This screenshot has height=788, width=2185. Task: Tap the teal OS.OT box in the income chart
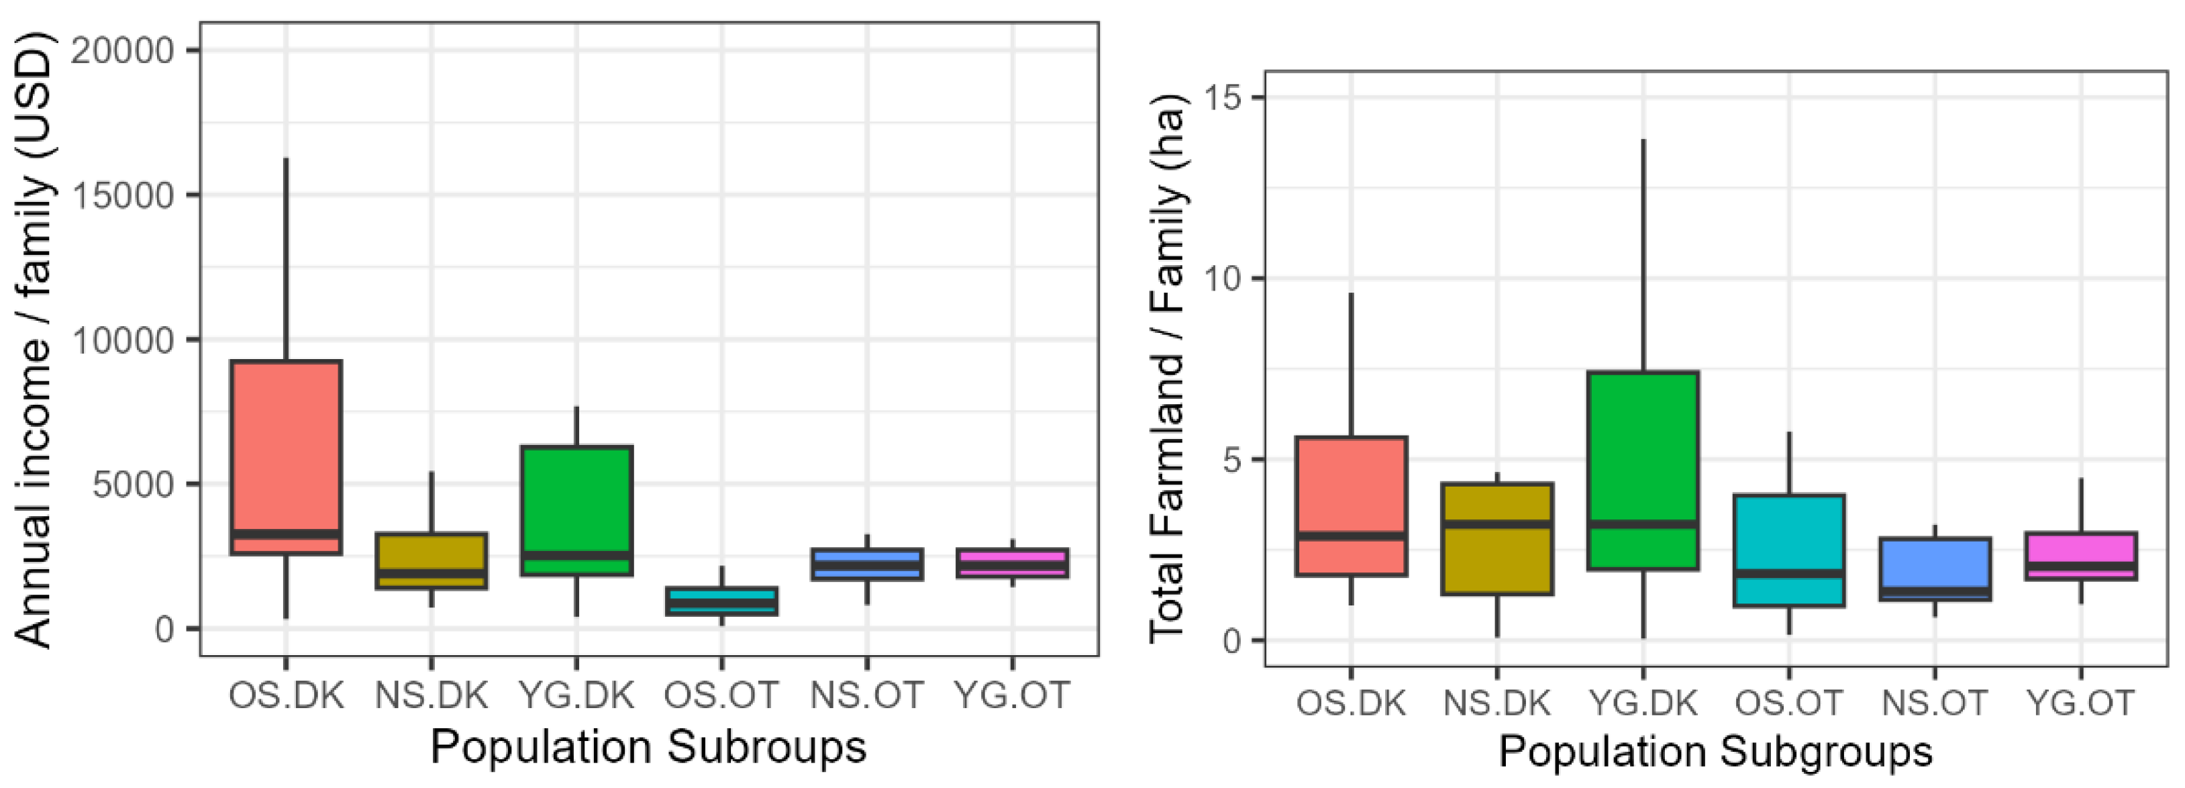pos(722,601)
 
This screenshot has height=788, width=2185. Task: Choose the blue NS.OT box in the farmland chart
pos(1935,569)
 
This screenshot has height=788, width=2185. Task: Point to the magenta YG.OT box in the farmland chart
pos(2081,556)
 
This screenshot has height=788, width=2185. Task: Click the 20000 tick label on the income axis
pos(122,51)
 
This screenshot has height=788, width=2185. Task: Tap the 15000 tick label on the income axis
pos(122,196)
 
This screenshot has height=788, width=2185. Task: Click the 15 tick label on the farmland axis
pos(1221,97)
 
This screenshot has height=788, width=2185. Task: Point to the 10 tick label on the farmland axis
pos(1221,279)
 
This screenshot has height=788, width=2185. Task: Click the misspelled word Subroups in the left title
pos(767,747)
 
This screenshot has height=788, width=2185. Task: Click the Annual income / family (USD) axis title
pos(34,339)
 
